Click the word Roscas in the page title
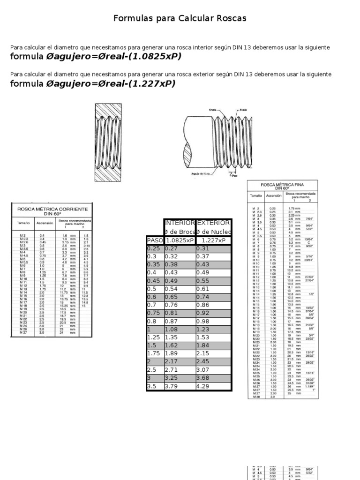point(230,18)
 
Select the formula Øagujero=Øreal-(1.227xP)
point(111,83)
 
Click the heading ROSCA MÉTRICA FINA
point(282,185)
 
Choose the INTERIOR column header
point(180,223)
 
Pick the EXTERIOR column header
point(214,223)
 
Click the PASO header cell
point(155,240)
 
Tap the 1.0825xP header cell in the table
point(180,240)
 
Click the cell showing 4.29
point(203,386)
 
